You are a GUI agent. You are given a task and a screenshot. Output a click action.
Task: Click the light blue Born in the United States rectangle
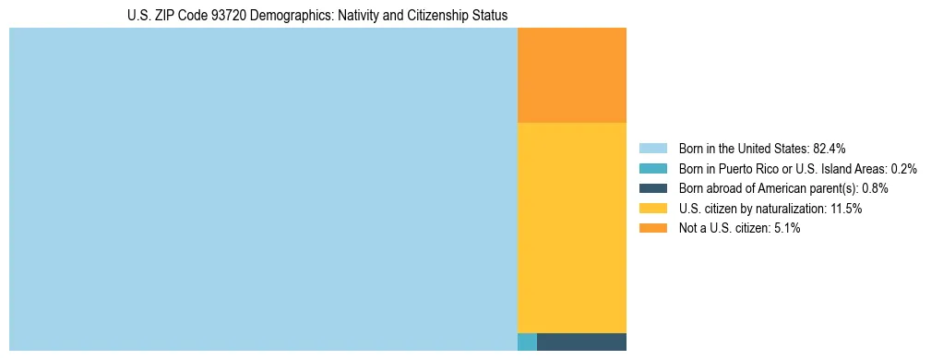[263, 189]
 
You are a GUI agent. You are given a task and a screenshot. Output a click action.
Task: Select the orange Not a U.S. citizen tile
[572, 76]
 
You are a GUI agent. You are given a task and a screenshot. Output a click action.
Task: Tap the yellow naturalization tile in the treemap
[572, 227]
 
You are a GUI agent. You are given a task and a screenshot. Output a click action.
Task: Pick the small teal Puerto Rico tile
[527, 342]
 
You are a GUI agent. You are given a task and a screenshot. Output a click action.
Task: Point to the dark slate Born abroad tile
[581, 342]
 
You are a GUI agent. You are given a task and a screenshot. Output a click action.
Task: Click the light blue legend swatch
[652, 149]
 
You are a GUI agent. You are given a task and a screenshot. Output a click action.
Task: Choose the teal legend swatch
[652, 169]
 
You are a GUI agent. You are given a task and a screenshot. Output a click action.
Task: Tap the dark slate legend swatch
[652, 188]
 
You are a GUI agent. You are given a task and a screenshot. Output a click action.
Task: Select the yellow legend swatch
[652, 209]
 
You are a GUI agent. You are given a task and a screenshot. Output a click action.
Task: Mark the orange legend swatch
[652, 228]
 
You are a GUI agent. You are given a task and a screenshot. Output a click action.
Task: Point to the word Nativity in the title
[365, 16]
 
